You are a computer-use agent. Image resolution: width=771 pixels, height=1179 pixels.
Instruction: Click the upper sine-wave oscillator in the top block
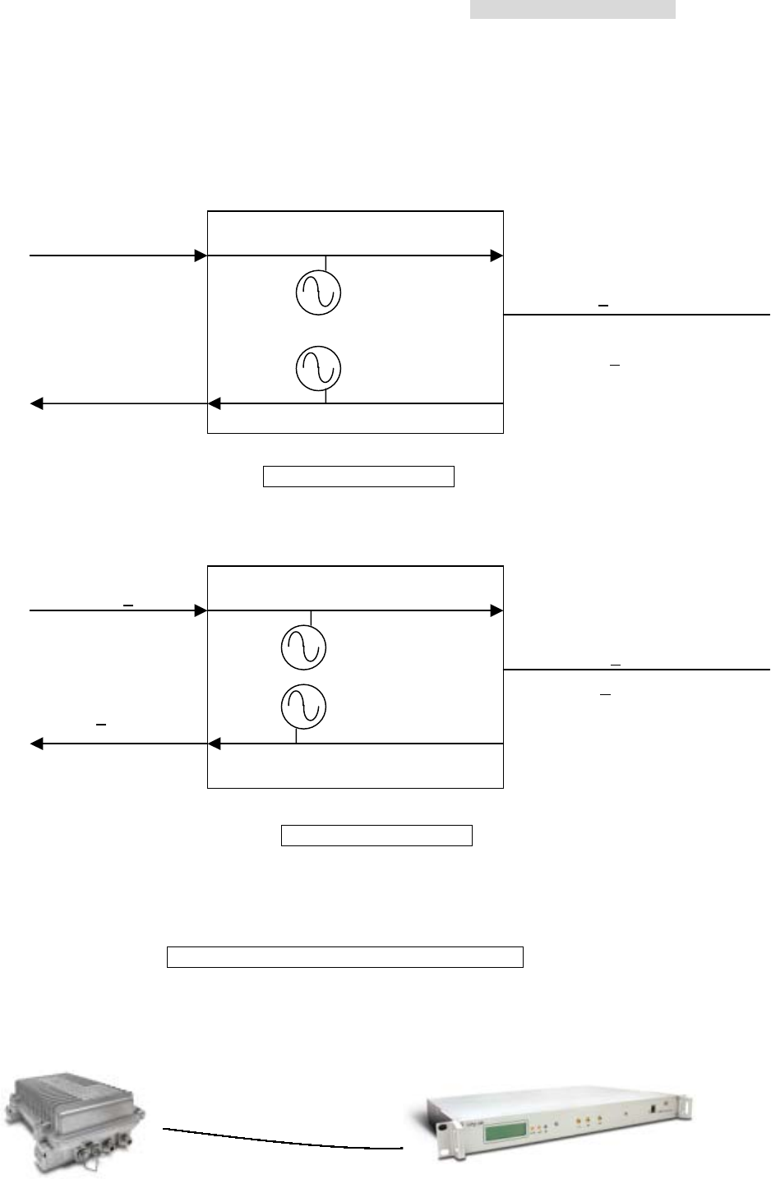click(319, 292)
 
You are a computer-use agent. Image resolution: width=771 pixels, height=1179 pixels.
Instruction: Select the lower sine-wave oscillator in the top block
click(319, 368)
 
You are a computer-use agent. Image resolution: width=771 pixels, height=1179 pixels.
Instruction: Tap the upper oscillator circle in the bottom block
click(304, 647)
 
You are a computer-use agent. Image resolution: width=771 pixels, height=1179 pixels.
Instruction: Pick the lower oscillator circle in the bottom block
click(304, 707)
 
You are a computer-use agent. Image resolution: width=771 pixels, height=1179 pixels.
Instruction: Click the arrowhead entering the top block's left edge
click(201, 256)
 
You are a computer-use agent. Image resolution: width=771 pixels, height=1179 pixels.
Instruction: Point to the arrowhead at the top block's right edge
click(496, 256)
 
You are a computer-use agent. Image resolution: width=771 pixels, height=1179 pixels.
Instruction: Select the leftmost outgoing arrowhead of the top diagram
click(36, 403)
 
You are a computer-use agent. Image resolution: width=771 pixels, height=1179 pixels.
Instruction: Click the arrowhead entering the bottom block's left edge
click(201, 610)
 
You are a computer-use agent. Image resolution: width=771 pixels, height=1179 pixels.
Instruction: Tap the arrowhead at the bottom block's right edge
click(496, 610)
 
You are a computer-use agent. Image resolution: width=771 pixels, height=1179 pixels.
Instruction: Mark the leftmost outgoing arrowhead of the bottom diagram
click(36, 744)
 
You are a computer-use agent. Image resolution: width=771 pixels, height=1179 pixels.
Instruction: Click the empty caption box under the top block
click(358, 477)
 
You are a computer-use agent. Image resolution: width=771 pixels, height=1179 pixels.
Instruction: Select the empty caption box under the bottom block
click(376, 836)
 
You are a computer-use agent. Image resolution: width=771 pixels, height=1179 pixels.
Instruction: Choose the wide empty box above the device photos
click(345, 957)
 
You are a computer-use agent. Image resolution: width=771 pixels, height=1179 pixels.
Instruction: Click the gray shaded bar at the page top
click(573, 9)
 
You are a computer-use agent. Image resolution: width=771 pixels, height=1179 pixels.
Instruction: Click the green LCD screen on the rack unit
click(505, 1131)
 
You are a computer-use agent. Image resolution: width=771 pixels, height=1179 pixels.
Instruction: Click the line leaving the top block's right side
click(637, 315)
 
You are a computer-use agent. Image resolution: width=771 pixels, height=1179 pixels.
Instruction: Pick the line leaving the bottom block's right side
click(637, 670)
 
